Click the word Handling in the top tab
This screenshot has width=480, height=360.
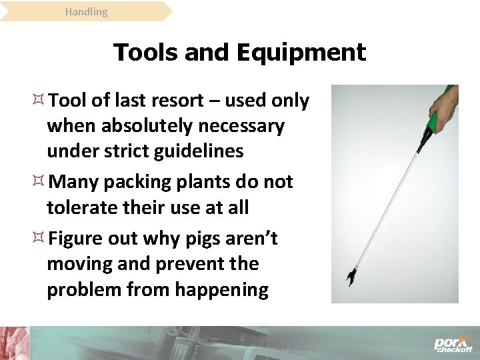86,11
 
